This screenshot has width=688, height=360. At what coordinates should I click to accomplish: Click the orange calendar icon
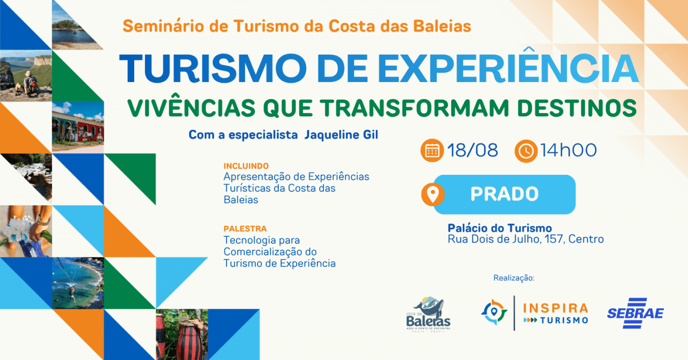click(x=432, y=150)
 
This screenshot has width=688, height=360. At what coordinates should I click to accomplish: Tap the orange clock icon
click(x=526, y=151)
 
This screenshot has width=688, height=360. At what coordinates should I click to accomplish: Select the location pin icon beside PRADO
click(x=433, y=194)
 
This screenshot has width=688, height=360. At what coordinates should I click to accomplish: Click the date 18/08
click(x=472, y=150)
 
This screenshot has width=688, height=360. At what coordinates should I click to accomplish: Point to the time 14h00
click(x=569, y=150)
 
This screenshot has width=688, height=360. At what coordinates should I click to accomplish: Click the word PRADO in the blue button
click(x=504, y=194)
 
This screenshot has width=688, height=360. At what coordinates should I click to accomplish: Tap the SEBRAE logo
click(x=635, y=313)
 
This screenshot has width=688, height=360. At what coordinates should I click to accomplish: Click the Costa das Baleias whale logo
click(x=428, y=314)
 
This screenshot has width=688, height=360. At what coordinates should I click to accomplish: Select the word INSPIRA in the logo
click(x=556, y=308)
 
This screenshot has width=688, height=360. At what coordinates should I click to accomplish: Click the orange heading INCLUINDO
click(x=246, y=166)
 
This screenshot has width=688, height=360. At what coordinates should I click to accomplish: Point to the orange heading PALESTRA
click(x=245, y=229)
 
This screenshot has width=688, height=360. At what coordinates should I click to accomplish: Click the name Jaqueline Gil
click(x=341, y=135)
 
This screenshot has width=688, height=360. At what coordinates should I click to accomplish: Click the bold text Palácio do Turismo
click(x=500, y=228)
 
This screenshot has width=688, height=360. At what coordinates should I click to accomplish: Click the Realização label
click(x=514, y=278)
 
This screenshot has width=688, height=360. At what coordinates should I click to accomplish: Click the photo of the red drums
click(x=182, y=334)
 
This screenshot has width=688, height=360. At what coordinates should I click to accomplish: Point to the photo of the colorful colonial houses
click(x=78, y=128)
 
